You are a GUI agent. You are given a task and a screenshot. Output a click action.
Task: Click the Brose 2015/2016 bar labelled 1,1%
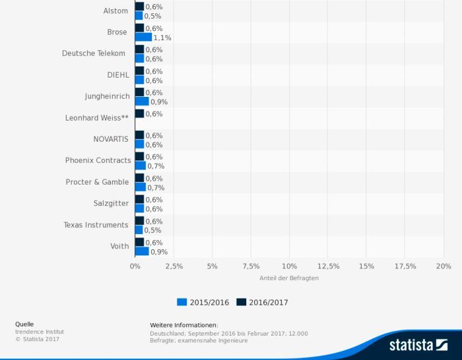(143, 38)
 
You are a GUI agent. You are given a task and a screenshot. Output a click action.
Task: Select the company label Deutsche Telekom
(94, 53)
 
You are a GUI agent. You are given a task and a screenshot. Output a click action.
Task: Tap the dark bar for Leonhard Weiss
(139, 113)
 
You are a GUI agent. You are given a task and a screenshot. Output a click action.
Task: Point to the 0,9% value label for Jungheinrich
(159, 102)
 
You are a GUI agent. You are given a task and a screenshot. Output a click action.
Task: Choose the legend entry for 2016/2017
(262, 302)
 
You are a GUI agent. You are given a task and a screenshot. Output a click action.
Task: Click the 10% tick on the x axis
(289, 266)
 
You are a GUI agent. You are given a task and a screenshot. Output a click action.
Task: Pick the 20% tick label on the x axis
(444, 266)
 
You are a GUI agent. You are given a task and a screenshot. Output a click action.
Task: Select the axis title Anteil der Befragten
(289, 278)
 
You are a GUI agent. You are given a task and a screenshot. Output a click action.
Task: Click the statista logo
(418, 345)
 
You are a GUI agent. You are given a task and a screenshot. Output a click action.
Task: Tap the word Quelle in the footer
(25, 324)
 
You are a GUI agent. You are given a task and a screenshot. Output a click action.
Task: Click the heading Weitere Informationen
(183, 325)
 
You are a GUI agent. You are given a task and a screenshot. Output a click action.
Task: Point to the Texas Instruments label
(96, 225)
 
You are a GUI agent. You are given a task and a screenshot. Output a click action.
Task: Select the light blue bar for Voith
(142, 252)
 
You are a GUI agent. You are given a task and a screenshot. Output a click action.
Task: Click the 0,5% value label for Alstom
(152, 16)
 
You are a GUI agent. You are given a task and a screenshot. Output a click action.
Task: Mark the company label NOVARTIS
(111, 139)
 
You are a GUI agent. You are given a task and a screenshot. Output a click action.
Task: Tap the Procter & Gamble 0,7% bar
(141, 187)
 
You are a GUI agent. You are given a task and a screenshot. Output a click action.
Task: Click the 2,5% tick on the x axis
(174, 266)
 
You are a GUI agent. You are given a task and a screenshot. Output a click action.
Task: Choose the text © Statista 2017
(38, 339)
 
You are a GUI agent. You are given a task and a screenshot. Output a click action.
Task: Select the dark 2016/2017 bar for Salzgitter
(139, 199)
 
